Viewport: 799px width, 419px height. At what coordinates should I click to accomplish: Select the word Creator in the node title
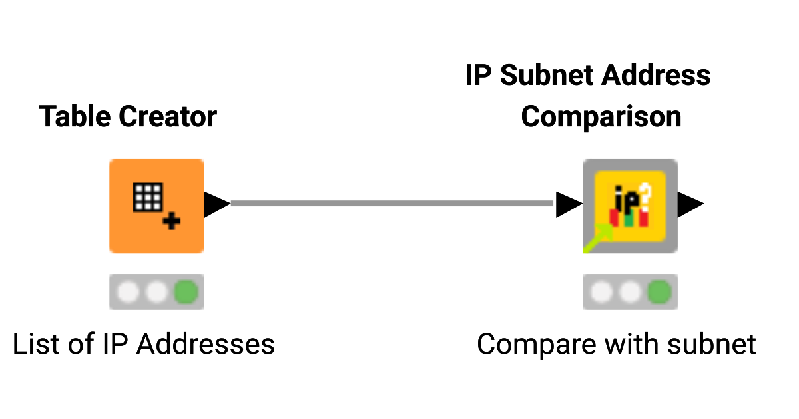[168, 117]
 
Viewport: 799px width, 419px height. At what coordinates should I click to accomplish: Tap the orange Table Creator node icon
[156, 206]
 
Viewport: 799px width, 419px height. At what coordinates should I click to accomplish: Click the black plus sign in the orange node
[172, 222]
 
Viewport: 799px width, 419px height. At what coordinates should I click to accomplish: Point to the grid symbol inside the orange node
[148, 197]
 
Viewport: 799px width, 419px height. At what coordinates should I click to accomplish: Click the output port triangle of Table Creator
[216, 204]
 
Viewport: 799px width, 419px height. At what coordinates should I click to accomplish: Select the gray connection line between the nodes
[393, 203]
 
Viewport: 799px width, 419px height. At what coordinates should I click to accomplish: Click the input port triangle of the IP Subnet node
[568, 204]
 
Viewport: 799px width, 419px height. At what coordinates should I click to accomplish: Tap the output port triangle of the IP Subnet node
[690, 204]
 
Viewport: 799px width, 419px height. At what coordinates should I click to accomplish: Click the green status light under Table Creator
[186, 291]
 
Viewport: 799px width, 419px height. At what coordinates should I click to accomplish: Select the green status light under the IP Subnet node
[659, 291]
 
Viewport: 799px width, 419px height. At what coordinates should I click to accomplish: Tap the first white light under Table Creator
[128, 291]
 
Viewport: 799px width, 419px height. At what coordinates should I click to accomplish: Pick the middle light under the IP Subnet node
[630, 291]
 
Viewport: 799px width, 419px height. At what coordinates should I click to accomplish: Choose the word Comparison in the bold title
[601, 117]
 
